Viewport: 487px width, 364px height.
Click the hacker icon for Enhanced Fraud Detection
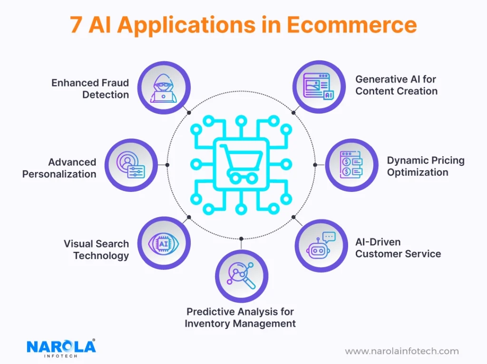(x=164, y=87)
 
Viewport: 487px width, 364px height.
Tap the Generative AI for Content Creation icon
(x=319, y=87)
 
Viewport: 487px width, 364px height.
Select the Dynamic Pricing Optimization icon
(x=351, y=165)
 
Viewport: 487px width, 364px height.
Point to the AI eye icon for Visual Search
(x=164, y=243)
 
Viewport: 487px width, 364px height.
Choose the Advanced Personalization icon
(x=130, y=165)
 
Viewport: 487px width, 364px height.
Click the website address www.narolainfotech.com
(x=402, y=352)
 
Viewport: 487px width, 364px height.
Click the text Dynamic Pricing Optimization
(x=425, y=166)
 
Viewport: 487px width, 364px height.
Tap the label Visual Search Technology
(x=97, y=249)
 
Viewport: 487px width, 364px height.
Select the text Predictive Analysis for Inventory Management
(x=240, y=317)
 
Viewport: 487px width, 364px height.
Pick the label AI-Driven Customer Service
(x=398, y=248)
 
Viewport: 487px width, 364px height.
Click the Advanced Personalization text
(x=59, y=168)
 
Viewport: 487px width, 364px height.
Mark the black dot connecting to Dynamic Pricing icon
(x=315, y=164)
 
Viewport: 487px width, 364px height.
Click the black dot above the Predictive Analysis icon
(x=241, y=238)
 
